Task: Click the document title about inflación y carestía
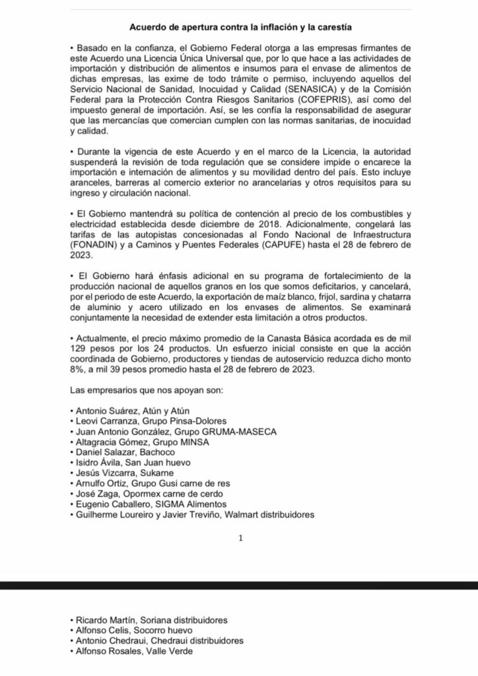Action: click(239, 28)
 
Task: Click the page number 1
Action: click(241, 538)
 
